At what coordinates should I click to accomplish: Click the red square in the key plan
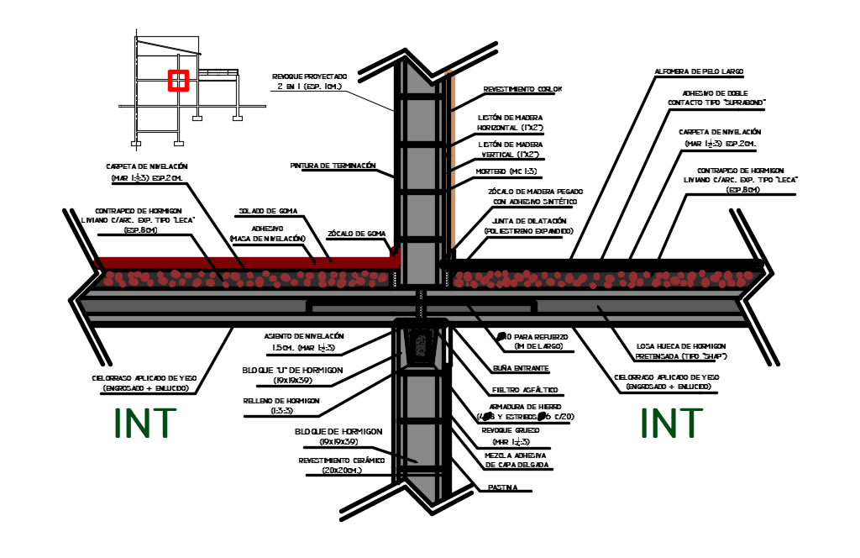(x=177, y=81)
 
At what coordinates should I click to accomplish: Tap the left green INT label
(x=146, y=423)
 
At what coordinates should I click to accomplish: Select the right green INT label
(x=671, y=423)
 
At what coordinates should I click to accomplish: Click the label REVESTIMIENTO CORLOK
(x=522, y=89)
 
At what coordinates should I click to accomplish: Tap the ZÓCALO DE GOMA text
(x=356, y=233)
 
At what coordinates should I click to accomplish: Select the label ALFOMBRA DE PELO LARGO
(x=699, y=71)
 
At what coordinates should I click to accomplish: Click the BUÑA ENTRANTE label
(x=521, y=368)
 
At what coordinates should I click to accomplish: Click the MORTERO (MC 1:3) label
(x=507, y=171)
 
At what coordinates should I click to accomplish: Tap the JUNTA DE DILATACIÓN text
(x=529, y=220)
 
